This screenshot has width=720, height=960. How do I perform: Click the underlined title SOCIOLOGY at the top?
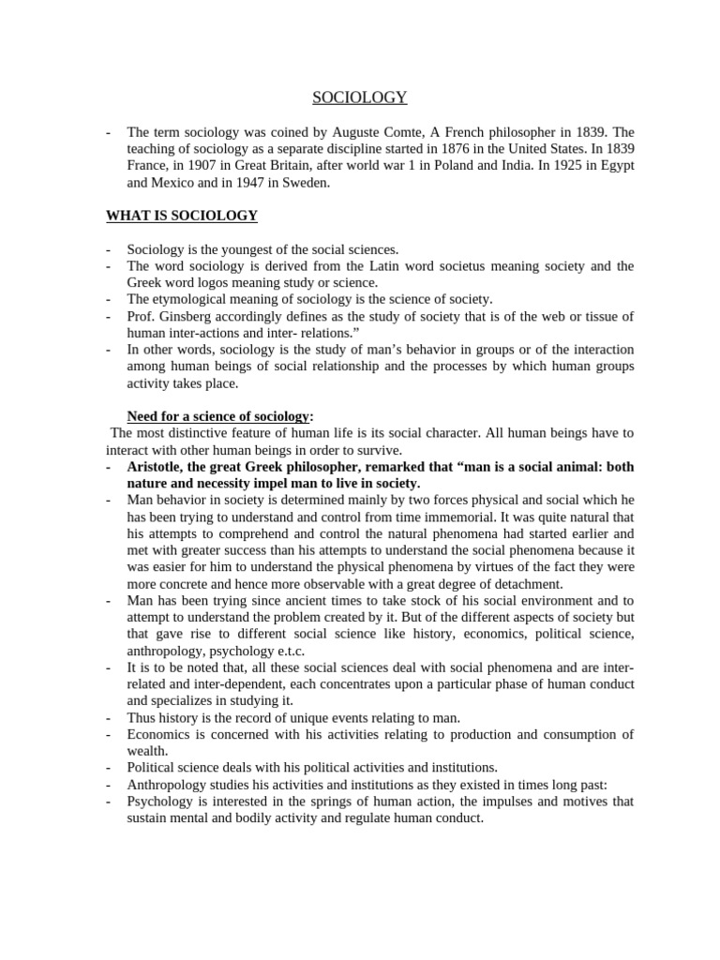pyautogui.click(x=359, y=97)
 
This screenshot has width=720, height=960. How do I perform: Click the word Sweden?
pyautogui.click(x=307, y=182)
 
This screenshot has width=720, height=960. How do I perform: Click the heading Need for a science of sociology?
pyautogui.click(x=217, y=416)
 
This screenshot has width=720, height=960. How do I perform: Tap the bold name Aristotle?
pyautogui.click(x=157, y=467)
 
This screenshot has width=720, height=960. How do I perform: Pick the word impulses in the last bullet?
pyautogui.click(x=481, y=802)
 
